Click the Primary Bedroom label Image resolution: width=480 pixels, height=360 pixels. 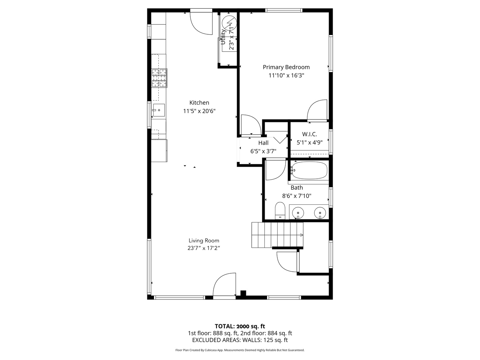tap(286, 67)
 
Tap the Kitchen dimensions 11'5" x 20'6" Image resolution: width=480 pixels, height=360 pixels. tap(199, 111)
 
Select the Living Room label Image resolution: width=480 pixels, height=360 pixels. tap(204, 240)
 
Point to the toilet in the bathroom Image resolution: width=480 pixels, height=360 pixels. tap(280, 211)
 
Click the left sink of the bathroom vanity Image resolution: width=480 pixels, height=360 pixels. tap(298, 212)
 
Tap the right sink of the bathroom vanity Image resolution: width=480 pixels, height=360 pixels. tap(320, 212)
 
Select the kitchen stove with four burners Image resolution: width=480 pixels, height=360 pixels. tap(159, 78)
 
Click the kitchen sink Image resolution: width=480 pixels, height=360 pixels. tap(159, 110)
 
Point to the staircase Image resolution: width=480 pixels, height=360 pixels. tap(277, 235)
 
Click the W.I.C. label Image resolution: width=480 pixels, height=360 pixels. tap(309, 134)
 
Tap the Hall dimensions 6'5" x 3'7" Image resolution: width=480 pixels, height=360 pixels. tap(263, 151)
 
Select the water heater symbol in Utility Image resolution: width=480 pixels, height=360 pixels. tap(229, 22)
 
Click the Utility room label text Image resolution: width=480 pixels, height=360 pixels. tap(223, 37)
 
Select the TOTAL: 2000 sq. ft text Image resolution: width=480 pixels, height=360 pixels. tap(240, 326)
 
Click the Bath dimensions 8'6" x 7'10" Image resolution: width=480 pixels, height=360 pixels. tap(297, 196)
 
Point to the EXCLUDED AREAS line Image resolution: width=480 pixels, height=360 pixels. tap(240, 340)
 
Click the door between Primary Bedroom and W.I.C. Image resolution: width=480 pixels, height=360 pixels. tap(317, 110)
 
